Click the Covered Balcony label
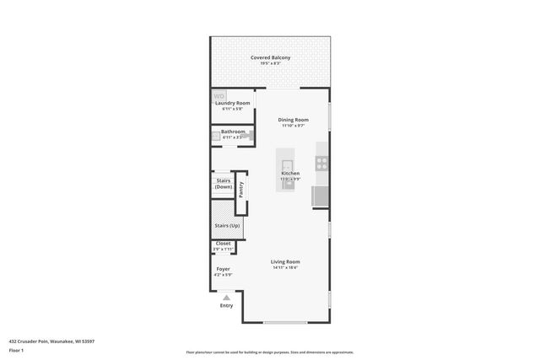(270, 57)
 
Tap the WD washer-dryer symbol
(219, 95)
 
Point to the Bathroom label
(233, 132)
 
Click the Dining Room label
(294, 120)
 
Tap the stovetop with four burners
(322, 163)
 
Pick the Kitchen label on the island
(290, 174)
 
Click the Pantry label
(240, 189)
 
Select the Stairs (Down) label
(224, 183)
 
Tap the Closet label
(223, 244)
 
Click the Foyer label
(223, 269)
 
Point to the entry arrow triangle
(226, 298)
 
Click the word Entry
(226, 305)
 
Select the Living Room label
(285, 261)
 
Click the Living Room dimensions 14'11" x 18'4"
(285, 268)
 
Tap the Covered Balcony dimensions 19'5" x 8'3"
(270, 63)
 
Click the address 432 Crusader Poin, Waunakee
(51, 341)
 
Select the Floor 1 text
(17, 349)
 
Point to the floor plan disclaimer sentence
(269, 352)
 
